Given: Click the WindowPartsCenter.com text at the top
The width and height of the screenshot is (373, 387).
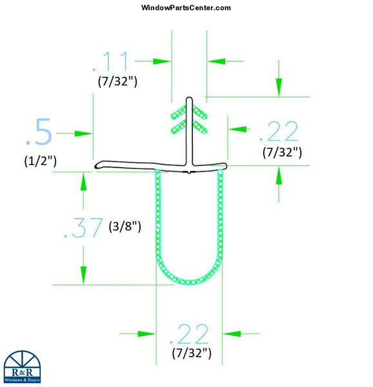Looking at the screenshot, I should tap(185, 8).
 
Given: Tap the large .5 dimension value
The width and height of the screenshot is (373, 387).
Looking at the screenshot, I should tap(38, 132).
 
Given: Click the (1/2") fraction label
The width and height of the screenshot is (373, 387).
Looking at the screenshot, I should tap(38, 161).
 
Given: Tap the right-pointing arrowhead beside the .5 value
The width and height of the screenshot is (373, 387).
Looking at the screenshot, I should tap(84, 134).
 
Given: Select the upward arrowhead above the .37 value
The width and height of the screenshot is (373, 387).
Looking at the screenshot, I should tap(83, 182).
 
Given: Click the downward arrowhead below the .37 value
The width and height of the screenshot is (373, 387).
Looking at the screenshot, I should tap(83, 274).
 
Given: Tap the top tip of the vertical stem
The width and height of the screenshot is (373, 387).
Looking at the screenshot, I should tap(189, 99).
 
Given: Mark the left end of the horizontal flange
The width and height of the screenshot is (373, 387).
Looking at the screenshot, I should tap(97, 167).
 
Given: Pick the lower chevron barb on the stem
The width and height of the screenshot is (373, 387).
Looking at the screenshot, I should tap(189, 126).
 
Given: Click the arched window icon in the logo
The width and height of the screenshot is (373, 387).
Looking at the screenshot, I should tap(22, 360).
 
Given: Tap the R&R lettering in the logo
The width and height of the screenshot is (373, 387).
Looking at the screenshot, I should tap(22, 373).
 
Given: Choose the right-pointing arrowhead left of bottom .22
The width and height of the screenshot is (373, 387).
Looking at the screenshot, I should tap(148, 333).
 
